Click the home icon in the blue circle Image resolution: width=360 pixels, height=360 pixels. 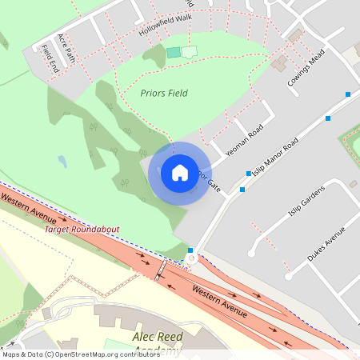180,173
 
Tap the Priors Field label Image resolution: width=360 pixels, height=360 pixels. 164,94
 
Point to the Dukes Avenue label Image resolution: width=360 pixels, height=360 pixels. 325,245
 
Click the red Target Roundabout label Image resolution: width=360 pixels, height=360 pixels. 82,230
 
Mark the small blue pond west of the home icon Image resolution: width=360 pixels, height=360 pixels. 62,162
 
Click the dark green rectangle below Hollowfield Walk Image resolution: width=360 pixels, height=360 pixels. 174,52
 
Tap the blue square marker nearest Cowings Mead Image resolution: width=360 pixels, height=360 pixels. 348,95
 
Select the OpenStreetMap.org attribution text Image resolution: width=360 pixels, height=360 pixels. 80,354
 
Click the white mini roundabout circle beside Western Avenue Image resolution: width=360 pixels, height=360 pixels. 190,259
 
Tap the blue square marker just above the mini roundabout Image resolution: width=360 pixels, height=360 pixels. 190,250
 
